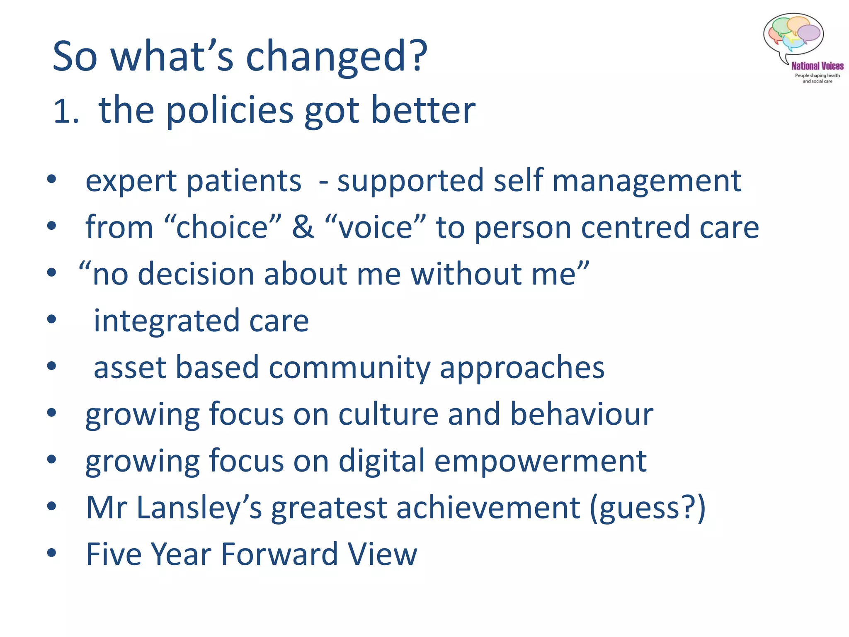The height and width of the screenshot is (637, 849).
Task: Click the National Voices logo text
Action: [x=817, y=66]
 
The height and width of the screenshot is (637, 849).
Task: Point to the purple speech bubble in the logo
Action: [x=809, y=33]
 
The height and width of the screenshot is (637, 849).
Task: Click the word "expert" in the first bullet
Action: [x=131, y=181]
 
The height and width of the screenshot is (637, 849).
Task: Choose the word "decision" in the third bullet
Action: [x=196, y=274]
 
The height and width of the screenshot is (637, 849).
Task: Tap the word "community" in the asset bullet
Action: [x=349, y=367]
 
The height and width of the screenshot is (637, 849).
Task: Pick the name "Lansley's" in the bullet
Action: [x=199, y=508]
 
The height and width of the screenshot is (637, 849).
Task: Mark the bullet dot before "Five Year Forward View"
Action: [x=51, y=553]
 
